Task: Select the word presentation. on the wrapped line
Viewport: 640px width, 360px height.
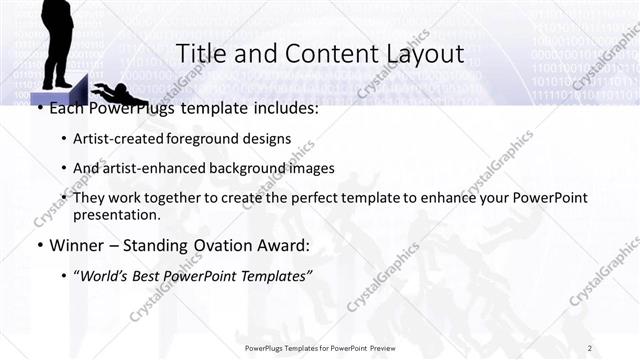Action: [x=116, y=215]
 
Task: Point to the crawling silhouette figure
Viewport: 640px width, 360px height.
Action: [x=125, y=96]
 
